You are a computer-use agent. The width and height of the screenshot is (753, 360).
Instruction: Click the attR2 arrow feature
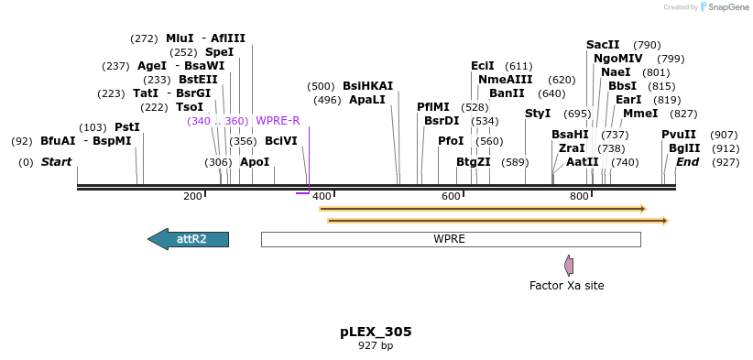tap(189, 239)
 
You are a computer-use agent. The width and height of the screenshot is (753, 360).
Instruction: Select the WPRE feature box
tap(450, 239)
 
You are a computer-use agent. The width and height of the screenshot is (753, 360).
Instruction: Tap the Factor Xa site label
tap(566, 286)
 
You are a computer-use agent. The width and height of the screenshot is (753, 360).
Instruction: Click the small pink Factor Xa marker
tap(569, 266)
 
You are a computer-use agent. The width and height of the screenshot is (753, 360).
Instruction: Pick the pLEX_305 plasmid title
tap(376, 332)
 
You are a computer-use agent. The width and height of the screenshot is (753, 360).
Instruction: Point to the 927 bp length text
tap(376, 346)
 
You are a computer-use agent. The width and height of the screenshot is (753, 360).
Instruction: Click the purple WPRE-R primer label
tap(277, 121)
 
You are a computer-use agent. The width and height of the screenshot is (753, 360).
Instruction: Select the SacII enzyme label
tap(603, 45)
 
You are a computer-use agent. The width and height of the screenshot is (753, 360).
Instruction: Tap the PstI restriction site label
tap(126, 127)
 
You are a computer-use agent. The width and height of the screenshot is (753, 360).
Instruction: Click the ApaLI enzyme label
tap(366, 100)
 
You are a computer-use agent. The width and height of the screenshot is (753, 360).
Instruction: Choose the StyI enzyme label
tap(538, 114)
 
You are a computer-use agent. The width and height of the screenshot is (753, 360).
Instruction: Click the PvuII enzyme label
tap(679, 135)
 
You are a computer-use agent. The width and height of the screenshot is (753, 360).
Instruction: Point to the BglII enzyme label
tap(683, 148)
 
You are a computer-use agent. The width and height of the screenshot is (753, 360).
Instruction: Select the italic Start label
tap(56, 162)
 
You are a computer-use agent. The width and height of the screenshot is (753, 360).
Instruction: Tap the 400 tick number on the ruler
tap(322, 197)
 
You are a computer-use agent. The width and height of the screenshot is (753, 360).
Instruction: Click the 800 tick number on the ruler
tap(579, 197)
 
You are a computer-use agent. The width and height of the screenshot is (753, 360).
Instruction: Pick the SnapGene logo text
tap(727, 7)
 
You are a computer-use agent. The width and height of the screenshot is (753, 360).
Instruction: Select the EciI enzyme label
tap(482, 66)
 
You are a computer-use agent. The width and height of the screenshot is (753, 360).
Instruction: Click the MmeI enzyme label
tap(639, 114)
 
